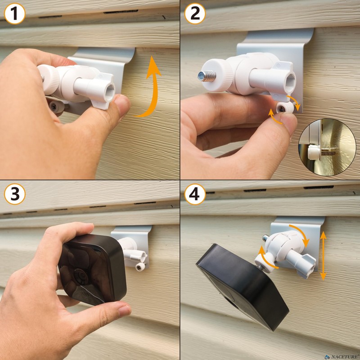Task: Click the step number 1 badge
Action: click(14, 14)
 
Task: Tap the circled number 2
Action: click(195, 14)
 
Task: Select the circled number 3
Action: click(14, 194)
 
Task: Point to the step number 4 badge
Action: click(195, 194)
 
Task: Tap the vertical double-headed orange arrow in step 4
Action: click(323, 256)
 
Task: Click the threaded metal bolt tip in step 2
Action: click(207, 76)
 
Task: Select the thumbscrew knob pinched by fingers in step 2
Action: click(285, 108)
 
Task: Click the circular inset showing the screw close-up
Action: click(327, 147)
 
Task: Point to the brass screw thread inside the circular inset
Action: click(328, 152)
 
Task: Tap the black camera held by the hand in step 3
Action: click(92, 269)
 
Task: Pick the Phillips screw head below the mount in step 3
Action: click(140, 267)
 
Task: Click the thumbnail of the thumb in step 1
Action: click(122, 103)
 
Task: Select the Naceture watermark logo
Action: click(342, 357)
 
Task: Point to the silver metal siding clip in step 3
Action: click(132, 246)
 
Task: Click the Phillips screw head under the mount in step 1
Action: click(56, 107)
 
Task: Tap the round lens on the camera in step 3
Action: click(81, 277)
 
